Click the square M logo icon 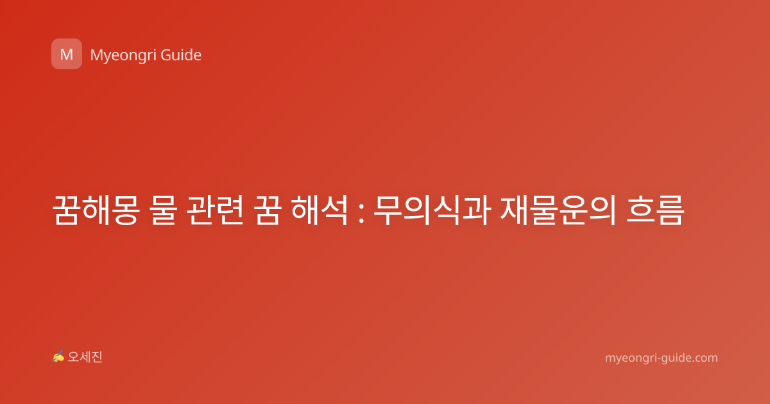tap(67, 54)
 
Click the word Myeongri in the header tap(123, 56)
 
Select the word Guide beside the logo tap(181, 55)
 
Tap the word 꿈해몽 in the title tap(96, 210)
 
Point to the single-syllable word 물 tap(164, 210)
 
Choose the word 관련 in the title tap(215, 210)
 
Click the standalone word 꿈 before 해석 tap(267, 210)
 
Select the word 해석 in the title tap(320, 210)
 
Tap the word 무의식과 tap(432, 210)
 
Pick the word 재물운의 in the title tap(558, 210)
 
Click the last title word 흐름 tap(655, 210)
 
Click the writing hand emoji tap(58, 357)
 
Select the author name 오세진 tap(85, 357)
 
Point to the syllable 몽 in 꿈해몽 tap(125, 210)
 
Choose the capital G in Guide tap(166, 55)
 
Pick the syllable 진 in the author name tap(97, 357)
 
